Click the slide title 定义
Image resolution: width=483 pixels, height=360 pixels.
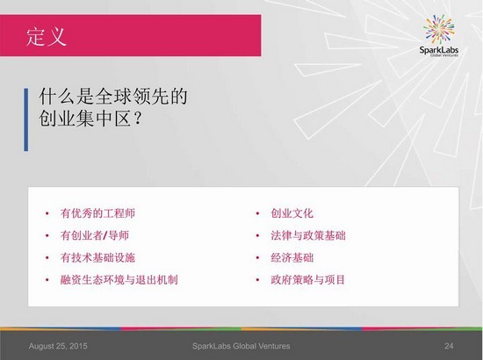click(x=47, y=37)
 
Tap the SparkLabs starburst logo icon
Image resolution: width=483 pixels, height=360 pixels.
click(x=438, y=29)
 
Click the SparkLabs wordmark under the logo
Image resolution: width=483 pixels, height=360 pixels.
click(x=438, y=50)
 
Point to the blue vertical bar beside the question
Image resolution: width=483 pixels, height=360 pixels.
click(x=25, y=119)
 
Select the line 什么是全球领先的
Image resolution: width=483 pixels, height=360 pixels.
click(x=113, y=96)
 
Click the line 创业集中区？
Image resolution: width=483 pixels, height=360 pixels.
click(x=90, y=118)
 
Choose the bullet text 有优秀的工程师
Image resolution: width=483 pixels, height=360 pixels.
click(x=97, y=213)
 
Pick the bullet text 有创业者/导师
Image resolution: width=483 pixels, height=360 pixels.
click(x=95, y=235)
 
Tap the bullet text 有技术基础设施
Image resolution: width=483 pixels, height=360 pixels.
click(x=97, y=258)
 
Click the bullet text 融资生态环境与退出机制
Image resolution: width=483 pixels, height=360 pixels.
click(x=119, y=280)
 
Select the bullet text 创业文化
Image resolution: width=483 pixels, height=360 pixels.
click(x=292, y=213)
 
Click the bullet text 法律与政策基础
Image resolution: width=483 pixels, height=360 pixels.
click(x=308, y=235)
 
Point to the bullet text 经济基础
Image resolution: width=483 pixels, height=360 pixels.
click(x=292, y=258)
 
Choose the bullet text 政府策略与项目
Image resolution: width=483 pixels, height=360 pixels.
click(x=307, y=280)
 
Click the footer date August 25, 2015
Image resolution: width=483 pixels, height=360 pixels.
click(x=58, y=346)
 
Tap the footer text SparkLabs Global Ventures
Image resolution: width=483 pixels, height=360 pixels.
click(x=241, y=346)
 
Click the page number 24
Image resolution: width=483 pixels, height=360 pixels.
click(x=449, y=346)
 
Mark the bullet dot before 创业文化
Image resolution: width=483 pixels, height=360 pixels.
click(x=257, y=213)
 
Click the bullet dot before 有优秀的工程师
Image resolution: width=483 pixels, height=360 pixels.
click(x=47, y=213)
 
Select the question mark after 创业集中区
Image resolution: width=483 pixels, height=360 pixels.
click(x=138, y=118)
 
